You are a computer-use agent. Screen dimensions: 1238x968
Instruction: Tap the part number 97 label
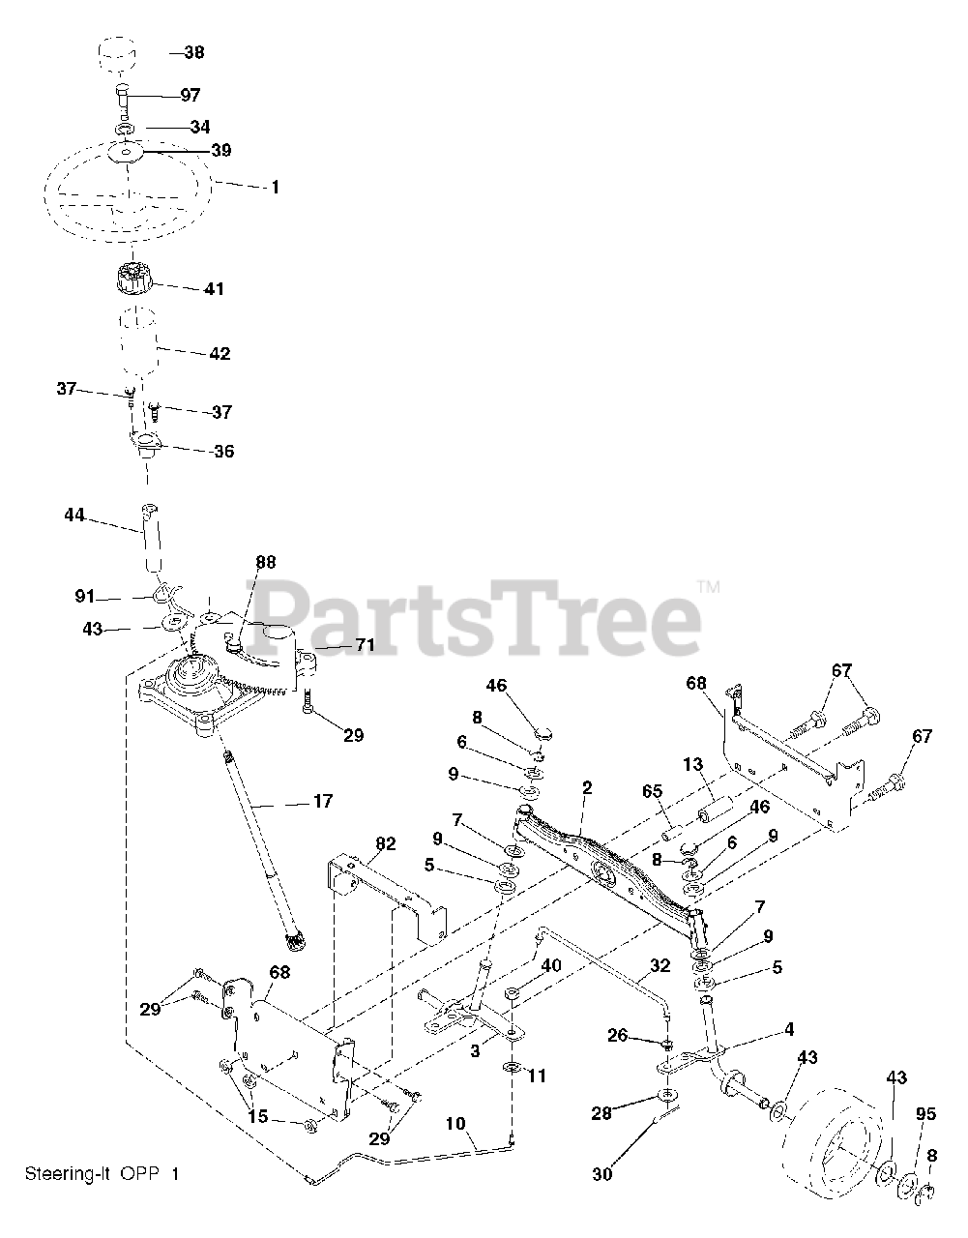pyautogui.click(x=190, y=95)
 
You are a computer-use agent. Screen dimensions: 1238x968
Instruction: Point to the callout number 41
pyautogui.click(x=213, y=288)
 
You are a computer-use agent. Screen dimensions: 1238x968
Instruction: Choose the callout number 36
pyautogui.click(x=223, y=451)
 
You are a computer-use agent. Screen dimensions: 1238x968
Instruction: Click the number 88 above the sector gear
pyautogui.click(x=265, y=562)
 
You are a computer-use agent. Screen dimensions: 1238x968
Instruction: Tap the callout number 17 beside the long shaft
pyautogui.click(x=322, y=801)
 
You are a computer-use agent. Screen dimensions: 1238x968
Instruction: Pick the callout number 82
pyautogui.click(x=385, y=844)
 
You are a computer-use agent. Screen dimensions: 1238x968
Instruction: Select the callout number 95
pyautogui.click(x=925, y=1115)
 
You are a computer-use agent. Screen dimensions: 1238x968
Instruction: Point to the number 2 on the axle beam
pyautogui.click(x=585, y=815)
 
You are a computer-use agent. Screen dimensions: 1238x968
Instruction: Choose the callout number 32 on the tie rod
pyautogui.click(x=660, y=964)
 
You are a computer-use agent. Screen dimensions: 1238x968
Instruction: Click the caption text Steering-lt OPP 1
pyautogui.click(x=102, y=1174)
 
